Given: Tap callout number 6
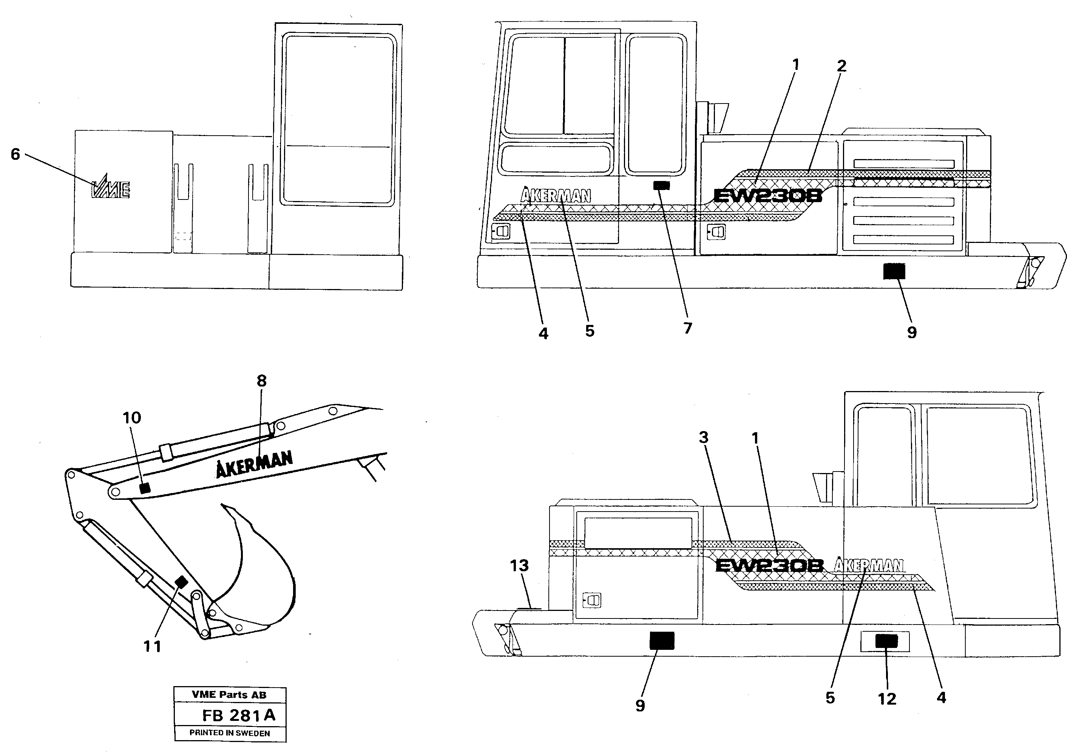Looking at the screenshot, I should [x=15, y=154].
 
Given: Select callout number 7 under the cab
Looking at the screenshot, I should [x=687, y=328].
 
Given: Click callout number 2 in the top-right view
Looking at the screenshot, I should [x=841, y=66].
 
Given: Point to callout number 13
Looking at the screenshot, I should [x=519, y=566].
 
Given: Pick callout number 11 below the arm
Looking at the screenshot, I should [x=152, y=646].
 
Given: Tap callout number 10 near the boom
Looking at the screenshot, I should [x=132, y=417].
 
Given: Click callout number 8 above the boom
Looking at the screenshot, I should [x=261, y=380].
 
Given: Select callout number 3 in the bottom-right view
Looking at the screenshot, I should [x=704, y=437].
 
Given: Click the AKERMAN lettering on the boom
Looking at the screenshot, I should [x=255, y=464].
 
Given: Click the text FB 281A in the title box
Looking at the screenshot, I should [x=239, y=715].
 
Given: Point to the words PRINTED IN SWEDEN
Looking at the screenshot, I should [x=230, y=733].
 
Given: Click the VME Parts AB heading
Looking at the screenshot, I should [x=229, y=694].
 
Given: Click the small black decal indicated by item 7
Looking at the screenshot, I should [x=661, y=186].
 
